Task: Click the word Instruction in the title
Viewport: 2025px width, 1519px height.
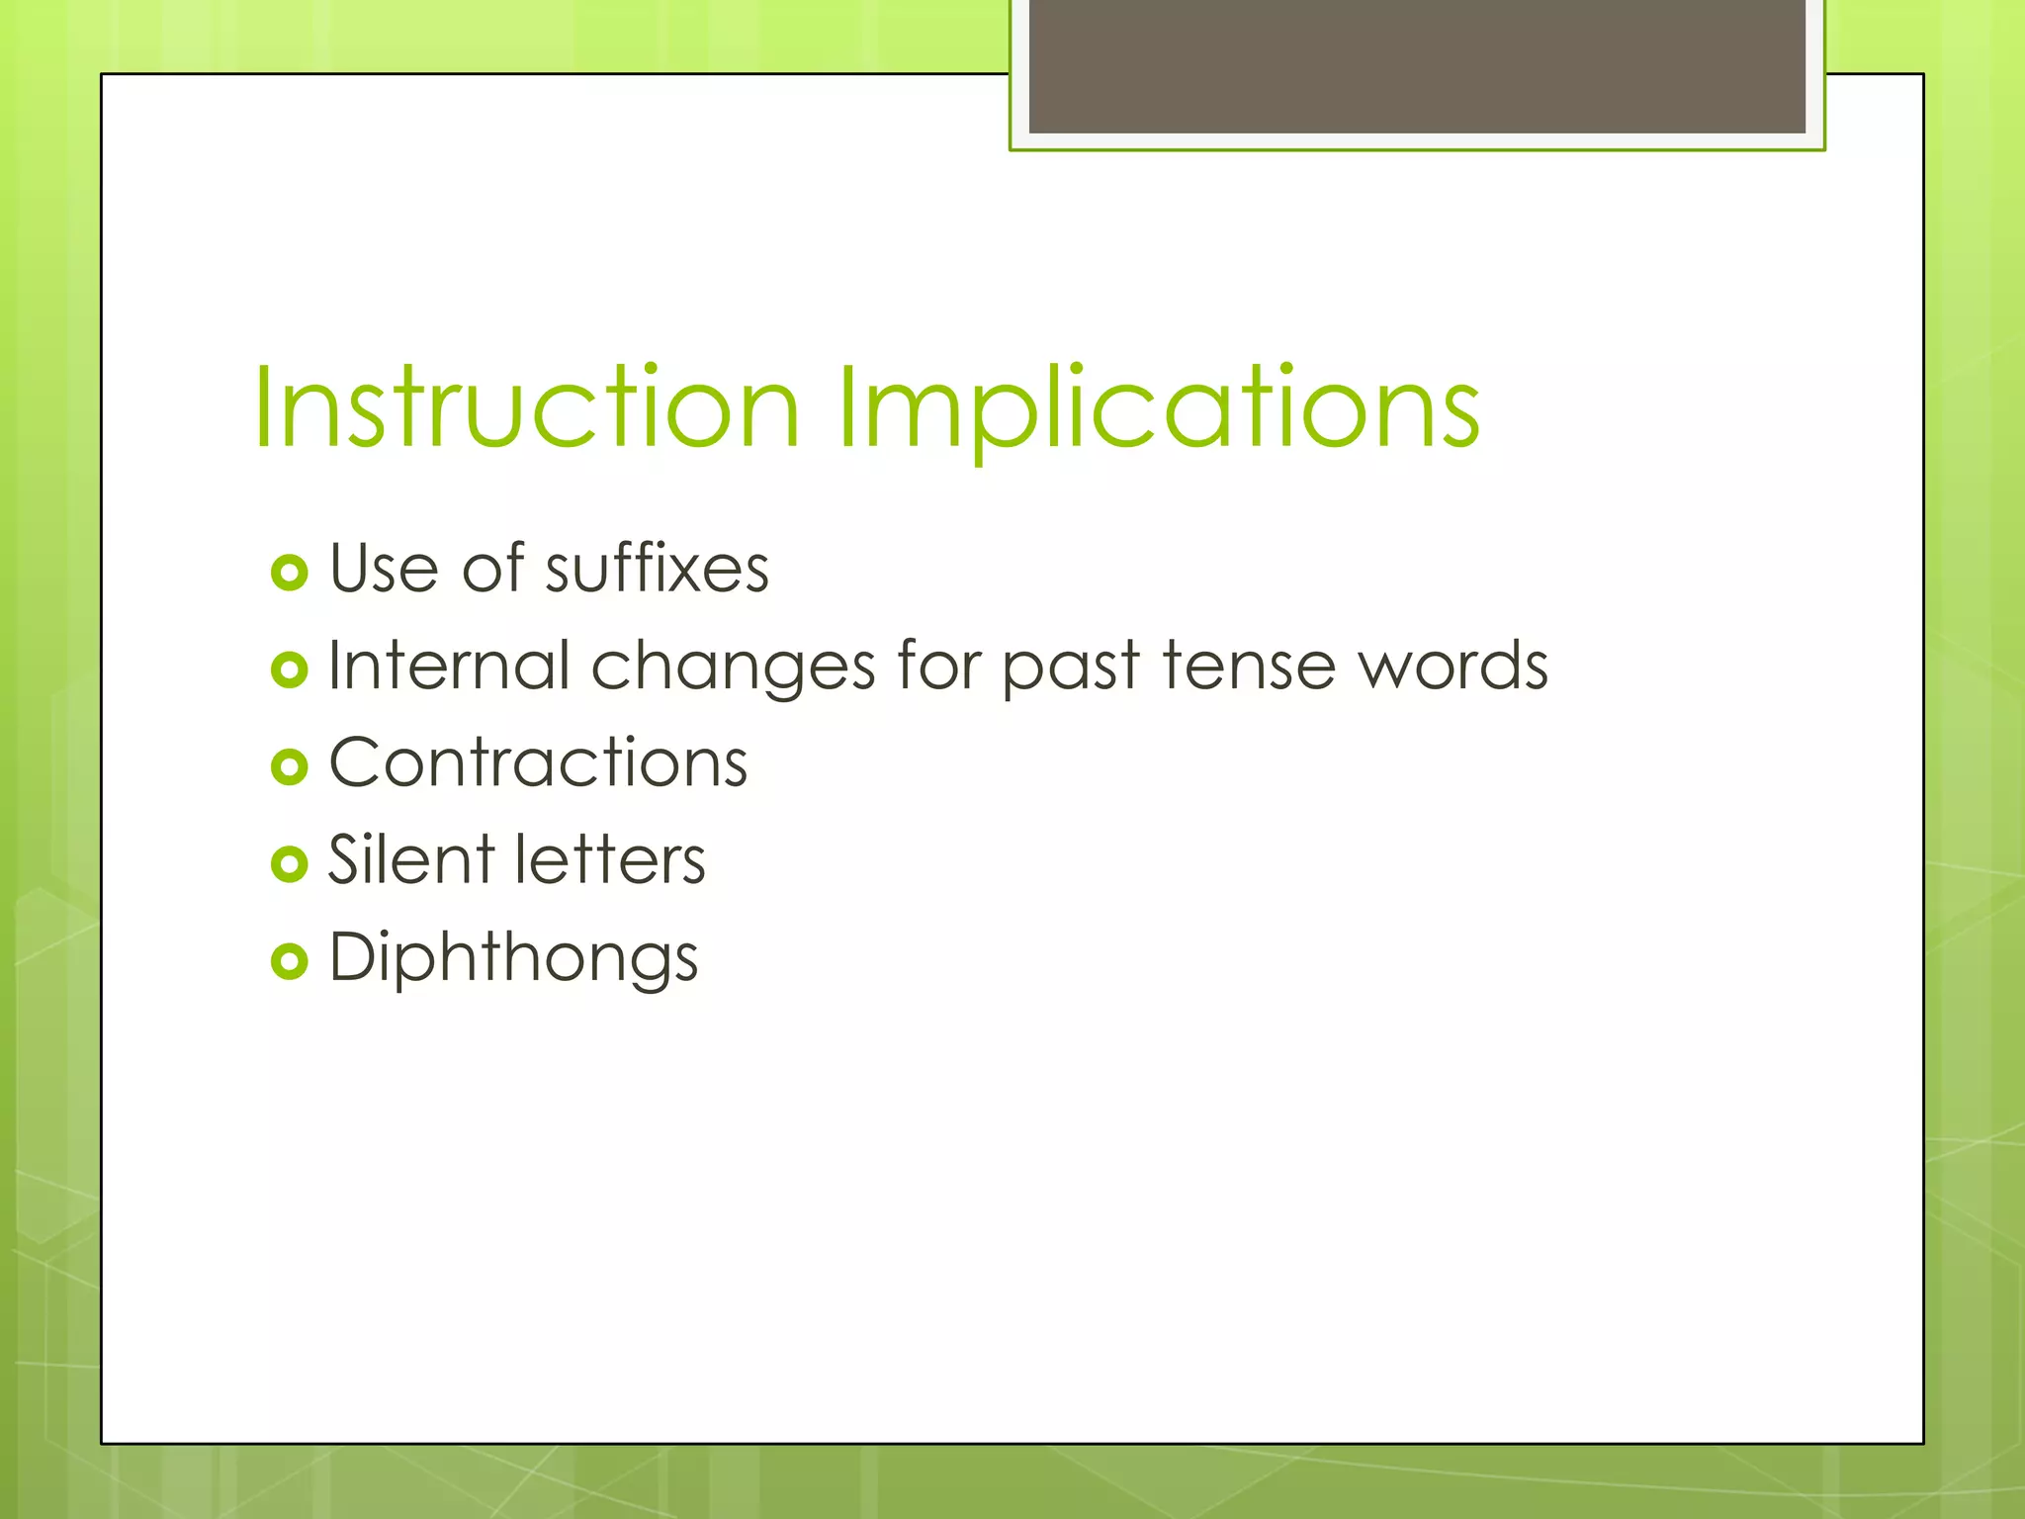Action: (x=526, y=407)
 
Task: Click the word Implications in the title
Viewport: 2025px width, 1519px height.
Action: (x=1159, y=407)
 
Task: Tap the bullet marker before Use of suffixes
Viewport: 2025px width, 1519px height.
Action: (x=289, y=573)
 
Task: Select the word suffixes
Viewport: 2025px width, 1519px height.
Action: (x=657, y=569)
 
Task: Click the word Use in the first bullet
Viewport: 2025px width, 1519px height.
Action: (x=384, y=570)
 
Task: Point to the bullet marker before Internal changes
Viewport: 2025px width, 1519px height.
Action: (x=289, y=670)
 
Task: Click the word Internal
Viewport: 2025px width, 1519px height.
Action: (x=449, y=666)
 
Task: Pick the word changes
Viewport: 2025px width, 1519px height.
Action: (x=733, y=668)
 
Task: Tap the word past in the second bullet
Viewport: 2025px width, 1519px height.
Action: (x=1071, y=668)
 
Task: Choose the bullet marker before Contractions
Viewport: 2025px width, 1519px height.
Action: (x=289, y=766)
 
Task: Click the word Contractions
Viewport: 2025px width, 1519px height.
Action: (x=538, y=762)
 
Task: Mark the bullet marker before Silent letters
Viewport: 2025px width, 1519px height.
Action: (x=289, y=863)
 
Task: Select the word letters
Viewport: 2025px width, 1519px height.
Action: (x=610, y=859)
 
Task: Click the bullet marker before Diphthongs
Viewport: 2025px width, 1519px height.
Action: (x=289, y=960)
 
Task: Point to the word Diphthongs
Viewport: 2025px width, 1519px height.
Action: (x=513, y=958)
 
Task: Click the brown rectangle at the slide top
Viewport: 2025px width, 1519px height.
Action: (x=1416, y=65)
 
